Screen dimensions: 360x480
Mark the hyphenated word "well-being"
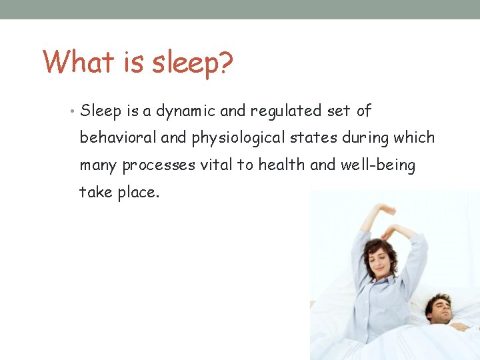click(x=378, y=165)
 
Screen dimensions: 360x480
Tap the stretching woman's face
click(x=377, y=259)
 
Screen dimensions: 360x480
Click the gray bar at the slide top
click(x=240, y=9)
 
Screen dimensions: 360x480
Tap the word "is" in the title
click(x=133, y=62)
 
